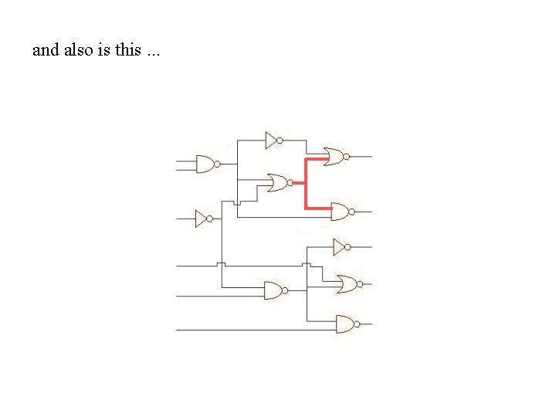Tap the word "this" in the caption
[128, 49]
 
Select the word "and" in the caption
[46, 49]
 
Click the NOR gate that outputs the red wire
[280, 183]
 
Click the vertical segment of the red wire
[306, 184]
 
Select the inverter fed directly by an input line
[204, 219]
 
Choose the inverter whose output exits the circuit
[342, 247]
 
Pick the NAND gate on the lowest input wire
[347, 324]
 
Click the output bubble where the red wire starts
[290, 183]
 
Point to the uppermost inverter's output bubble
[280, 141]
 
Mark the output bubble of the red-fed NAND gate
[352, 212]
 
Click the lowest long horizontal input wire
[256, 331]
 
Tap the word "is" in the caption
[104, 49]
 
